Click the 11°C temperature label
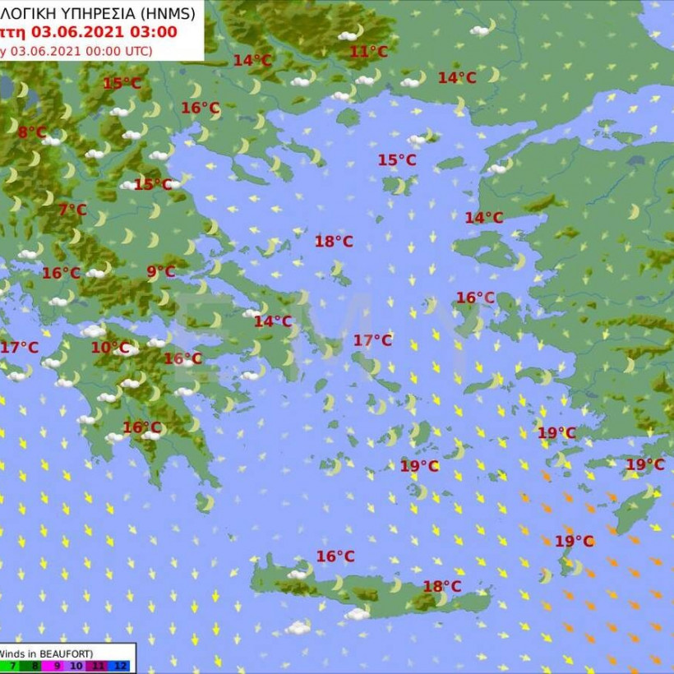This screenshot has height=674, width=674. point(368,52)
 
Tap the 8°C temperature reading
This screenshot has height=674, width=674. point(32,132)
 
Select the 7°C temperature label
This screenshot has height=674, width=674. point(72,210)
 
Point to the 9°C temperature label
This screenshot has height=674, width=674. point(160,272)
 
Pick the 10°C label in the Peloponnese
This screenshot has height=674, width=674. point(110,348)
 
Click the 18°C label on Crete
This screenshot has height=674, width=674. point(441,586)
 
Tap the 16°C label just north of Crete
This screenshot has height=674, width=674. point(335,556)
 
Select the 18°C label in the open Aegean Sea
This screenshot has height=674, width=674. point(334,242)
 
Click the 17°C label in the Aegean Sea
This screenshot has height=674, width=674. point(372,340)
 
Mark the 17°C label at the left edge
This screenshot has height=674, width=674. point(19,348)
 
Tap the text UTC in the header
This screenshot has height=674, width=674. point(137,50)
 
